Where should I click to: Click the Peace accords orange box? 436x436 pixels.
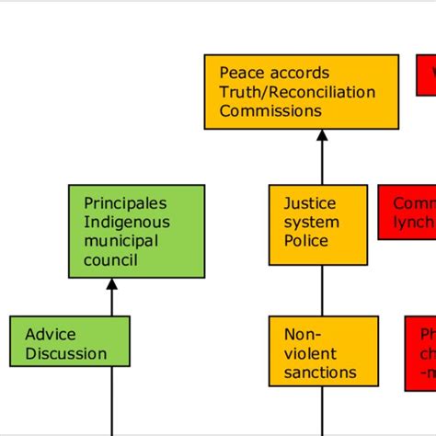[302, 91]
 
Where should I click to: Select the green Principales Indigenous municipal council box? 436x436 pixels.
[136, 231]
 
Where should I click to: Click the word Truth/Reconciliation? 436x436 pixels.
[297, 92]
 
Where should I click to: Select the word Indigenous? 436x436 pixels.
[127, 222]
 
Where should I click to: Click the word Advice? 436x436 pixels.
[51, 334]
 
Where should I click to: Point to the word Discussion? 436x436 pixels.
[65, 354]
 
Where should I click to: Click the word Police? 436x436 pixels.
[305, 241]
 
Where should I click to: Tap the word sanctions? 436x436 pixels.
[320, 373]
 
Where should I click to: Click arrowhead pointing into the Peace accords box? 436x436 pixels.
[322, 135]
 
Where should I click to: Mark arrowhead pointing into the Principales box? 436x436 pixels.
[112, 284]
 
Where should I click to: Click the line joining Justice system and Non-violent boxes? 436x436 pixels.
[322, 296]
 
